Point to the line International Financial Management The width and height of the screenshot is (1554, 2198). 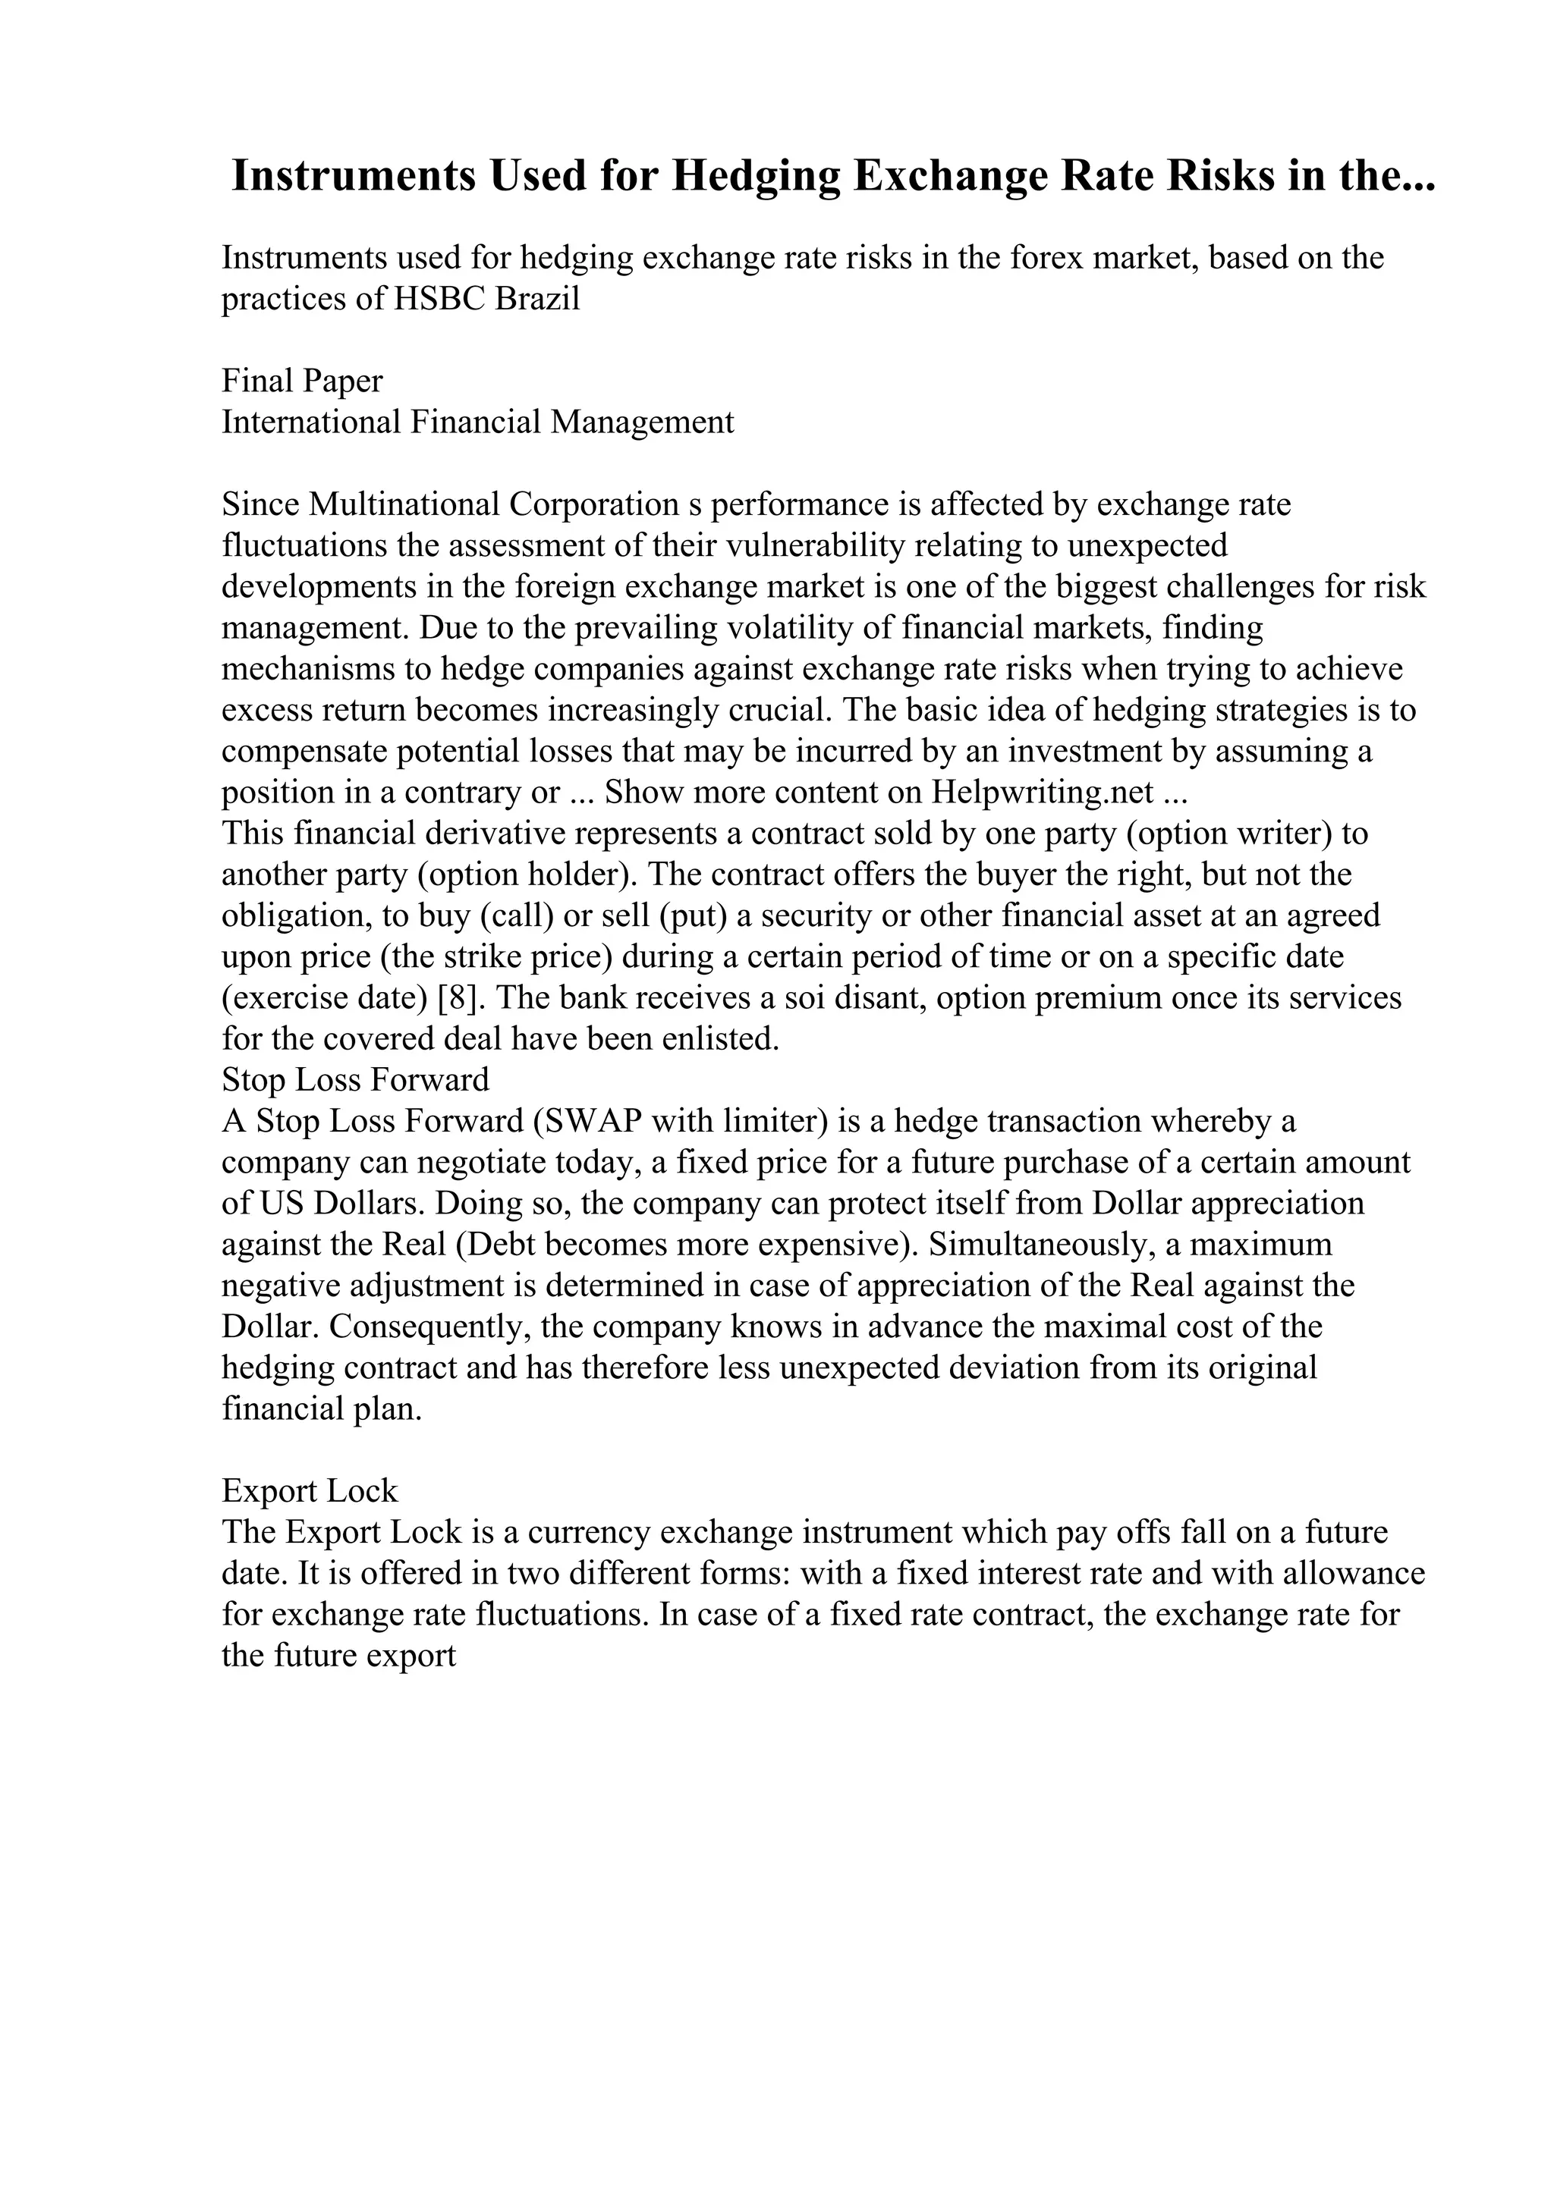[x=478, y=422]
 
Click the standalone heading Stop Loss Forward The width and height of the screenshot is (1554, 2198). [x=355, y=1080]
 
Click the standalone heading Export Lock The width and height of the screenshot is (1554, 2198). [x=310, y=1490]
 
